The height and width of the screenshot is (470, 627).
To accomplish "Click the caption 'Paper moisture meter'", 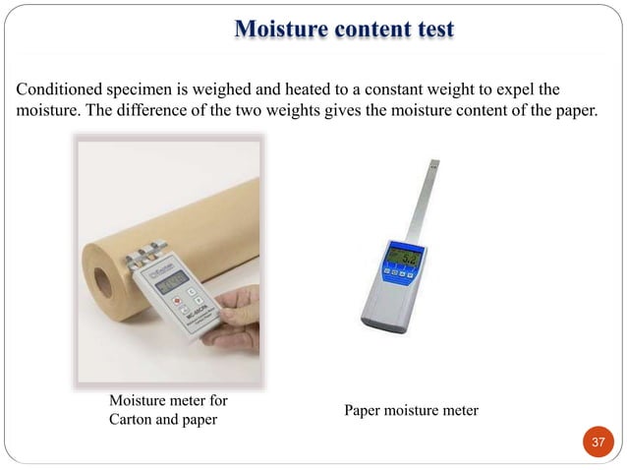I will pos(412,410).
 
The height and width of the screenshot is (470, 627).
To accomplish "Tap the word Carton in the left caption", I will pos(133,420).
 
